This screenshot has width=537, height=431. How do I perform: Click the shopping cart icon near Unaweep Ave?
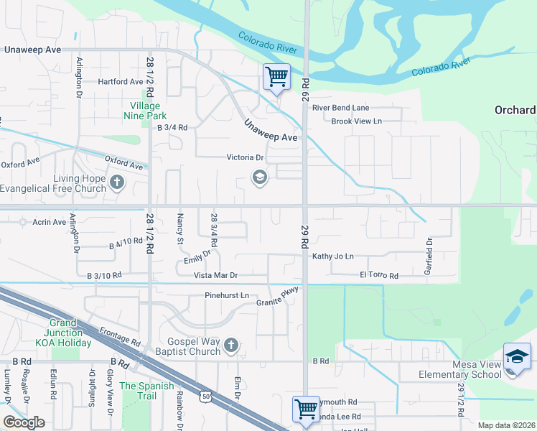click(276, 75)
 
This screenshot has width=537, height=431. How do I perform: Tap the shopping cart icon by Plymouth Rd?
click(306, 409)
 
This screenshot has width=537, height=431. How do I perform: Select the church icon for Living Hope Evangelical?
click(117, 182)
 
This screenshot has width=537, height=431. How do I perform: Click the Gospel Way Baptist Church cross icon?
click(230, 346)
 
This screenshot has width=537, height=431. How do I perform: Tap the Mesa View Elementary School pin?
click(517, 357)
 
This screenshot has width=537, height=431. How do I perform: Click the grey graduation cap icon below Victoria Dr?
click(259, 177)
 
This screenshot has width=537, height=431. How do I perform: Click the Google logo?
click(24, 422)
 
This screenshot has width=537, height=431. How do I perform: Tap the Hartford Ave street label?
click(121, 82)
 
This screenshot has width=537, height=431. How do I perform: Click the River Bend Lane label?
click(340, 108)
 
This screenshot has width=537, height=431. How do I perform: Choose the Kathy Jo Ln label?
click(333, 256)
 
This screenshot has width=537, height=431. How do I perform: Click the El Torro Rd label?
click(378, 275)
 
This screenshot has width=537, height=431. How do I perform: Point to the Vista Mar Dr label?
click(215, 275)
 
